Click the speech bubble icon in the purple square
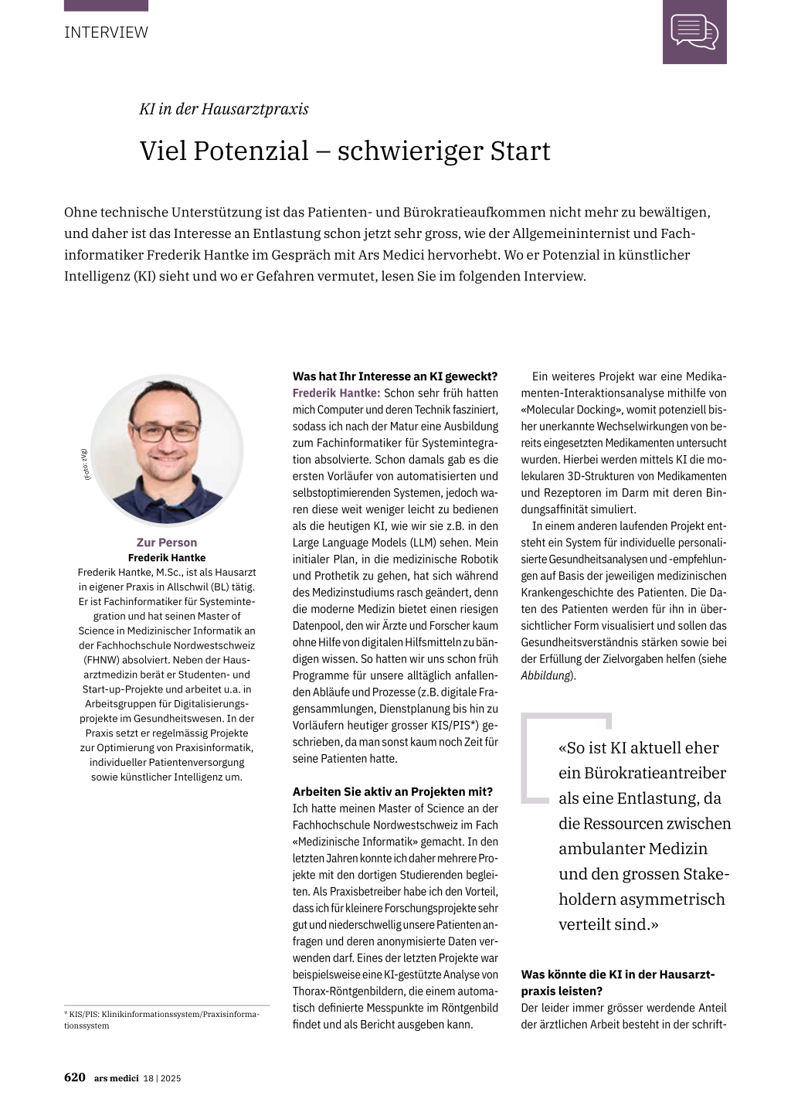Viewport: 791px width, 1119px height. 694,32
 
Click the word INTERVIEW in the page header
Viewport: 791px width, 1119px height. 106,32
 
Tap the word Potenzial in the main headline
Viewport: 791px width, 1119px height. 251,151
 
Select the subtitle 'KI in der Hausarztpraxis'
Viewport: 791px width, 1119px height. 224,109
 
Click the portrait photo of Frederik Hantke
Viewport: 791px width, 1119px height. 167,449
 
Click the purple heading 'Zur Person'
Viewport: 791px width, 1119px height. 167,542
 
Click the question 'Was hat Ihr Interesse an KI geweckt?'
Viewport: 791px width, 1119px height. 395,376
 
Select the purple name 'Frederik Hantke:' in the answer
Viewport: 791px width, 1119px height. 336,393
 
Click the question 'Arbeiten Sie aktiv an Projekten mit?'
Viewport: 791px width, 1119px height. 392,791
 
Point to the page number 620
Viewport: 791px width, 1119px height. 75,1077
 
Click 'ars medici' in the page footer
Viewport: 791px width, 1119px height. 117,1078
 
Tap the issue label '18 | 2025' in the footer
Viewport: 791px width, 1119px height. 162,1078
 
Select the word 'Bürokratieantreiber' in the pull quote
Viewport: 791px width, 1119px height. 643,773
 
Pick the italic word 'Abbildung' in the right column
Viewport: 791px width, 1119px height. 546,675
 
